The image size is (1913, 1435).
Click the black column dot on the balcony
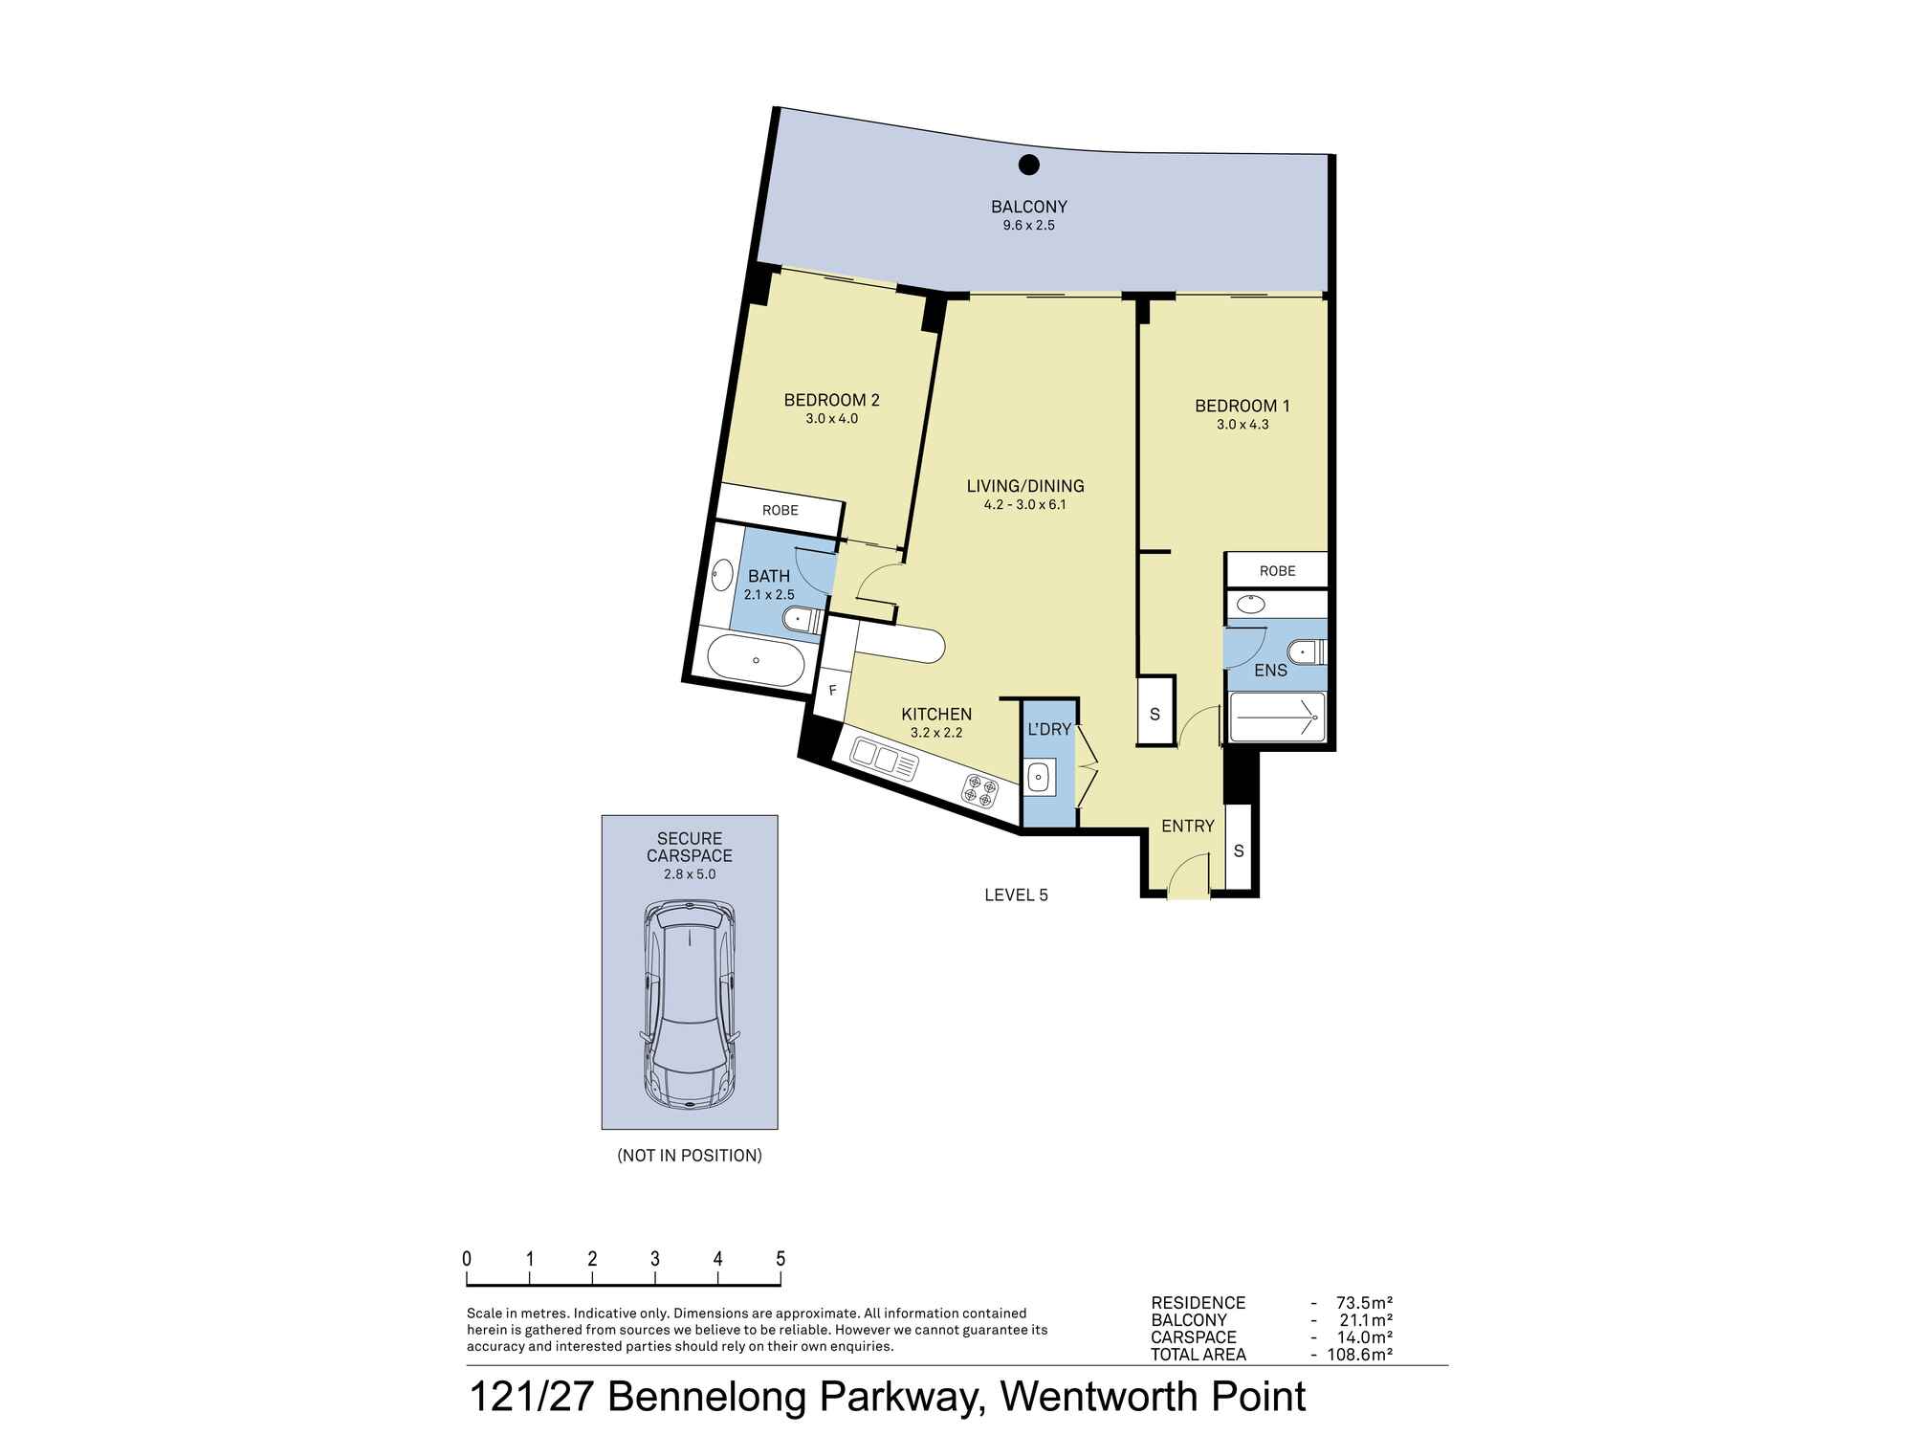(x=1028, y=165)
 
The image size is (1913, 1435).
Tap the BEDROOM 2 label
(x=831, y=400)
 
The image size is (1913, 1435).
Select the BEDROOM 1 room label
(x=1242, y=406)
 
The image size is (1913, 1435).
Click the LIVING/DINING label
(x=1024, y=486)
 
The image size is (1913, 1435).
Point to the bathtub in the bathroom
(x=757, y=660)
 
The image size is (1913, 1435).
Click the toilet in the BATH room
(x=802, y=620)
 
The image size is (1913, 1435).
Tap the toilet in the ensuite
(x=1306, y=652)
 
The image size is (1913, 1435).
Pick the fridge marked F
(x=832, y=690)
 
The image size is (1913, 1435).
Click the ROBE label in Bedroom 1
(x=1277, y=571)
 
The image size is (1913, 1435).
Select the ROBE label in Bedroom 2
(x=780, y=511)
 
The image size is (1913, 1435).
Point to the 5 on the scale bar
(x=781, y=1259)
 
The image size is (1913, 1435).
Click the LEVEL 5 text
(x=1016, y=895)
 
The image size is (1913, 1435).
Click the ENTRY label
(x=1188, y=827)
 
